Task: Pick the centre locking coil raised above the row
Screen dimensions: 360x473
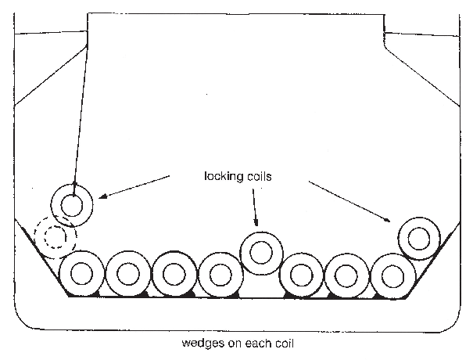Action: (x=260, y=252)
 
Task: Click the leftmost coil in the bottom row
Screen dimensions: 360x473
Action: (x=82, y=275)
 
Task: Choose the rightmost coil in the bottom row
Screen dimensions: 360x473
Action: (x=392, y=275)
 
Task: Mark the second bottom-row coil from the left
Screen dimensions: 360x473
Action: (x=127, y=275)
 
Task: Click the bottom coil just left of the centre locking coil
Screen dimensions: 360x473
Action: (x=218, y=275)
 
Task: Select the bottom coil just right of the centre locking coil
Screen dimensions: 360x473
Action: (x=301, y=275)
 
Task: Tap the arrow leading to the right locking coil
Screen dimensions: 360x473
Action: (x=352, y=202)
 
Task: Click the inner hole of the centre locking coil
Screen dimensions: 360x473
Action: (x=260, y=252)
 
